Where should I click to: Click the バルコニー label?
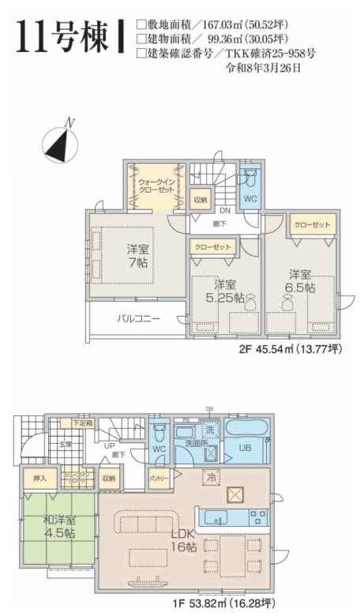[138, 320]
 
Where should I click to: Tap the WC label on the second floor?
[249, 199]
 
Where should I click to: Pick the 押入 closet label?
[39, 478]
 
